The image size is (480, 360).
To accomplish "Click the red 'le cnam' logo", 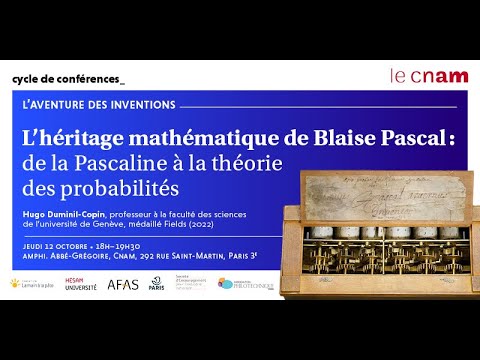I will [x=423, y=76].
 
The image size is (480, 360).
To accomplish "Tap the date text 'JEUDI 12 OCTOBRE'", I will [x=55, y=243].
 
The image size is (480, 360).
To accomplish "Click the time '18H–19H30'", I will [x=121, y=243].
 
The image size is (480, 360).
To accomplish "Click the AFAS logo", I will [x=123, y=284].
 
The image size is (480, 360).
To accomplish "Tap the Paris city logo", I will [x=157, y=284].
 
